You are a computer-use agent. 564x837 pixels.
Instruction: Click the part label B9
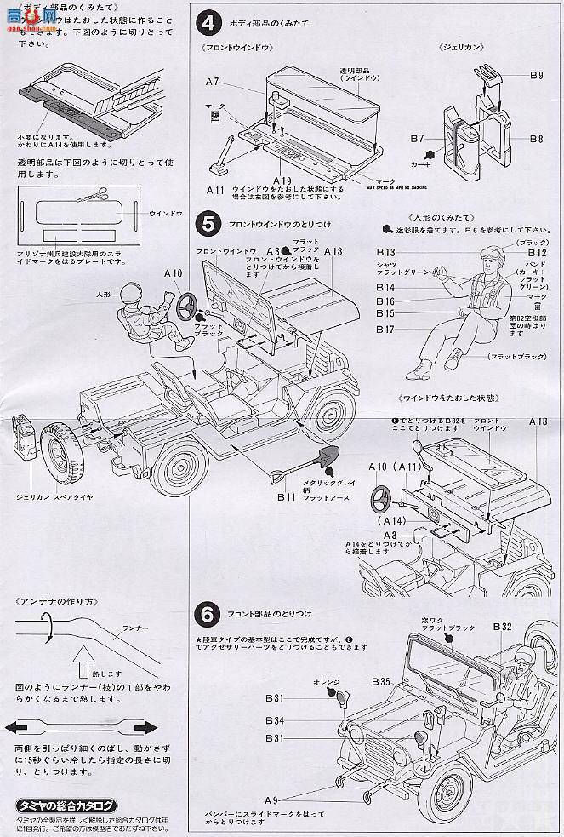tap(535, 76)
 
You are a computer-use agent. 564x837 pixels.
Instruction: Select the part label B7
tap(417, 136)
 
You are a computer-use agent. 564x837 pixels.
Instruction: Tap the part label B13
tap(387, 253)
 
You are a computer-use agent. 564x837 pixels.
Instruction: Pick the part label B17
tap(386, 329)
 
